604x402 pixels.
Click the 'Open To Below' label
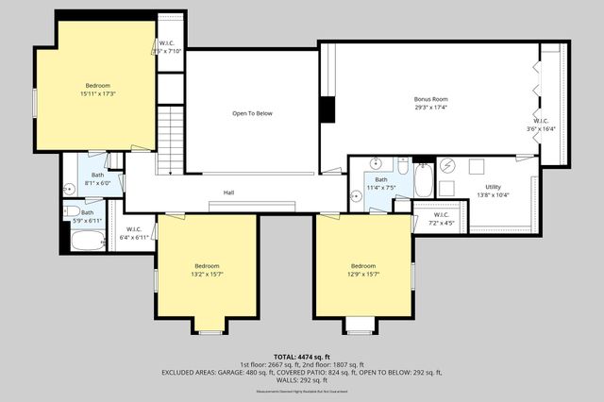[x=252, y=113]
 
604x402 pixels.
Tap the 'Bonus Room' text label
[x=430, y=99]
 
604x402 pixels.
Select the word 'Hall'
[x=228, y=193]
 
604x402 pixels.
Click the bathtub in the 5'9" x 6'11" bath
[x=87, y=241]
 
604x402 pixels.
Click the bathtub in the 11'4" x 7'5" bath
[x=424, y=179]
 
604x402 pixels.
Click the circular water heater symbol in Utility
[x=447, y=167]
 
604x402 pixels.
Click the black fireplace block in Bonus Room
[x=327, y=109]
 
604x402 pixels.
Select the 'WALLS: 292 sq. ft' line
[x=302, y=379]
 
